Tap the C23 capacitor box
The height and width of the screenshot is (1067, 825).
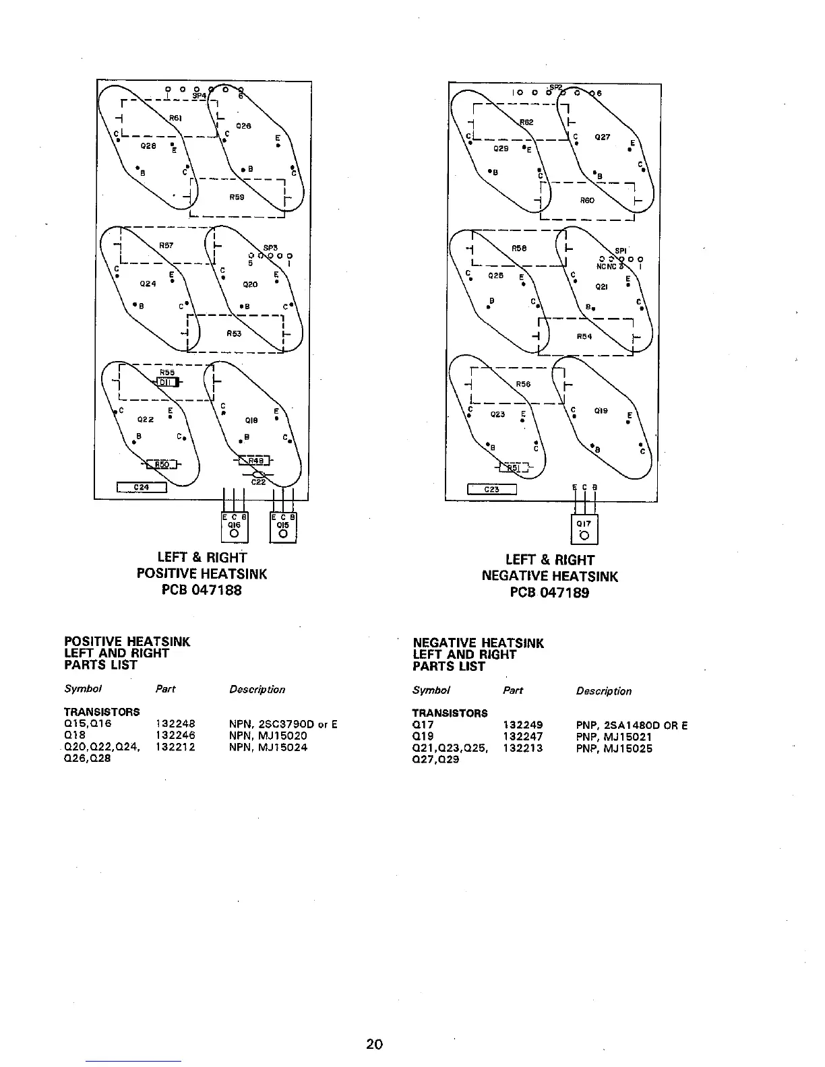tap(492, 490)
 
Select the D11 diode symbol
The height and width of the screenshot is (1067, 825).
tap(166, 383)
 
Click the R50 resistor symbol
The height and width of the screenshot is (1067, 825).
tap(162, 464)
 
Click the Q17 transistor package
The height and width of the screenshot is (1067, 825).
tap(584, 529)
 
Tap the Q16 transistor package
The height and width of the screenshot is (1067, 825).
tap(235, 527)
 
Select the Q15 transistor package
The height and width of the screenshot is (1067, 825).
tap(283, 527)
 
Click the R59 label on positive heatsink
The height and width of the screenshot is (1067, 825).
tap(237, 198)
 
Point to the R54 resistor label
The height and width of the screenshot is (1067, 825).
tap(584, 336)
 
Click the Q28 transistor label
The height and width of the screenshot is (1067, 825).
tap(148, 145)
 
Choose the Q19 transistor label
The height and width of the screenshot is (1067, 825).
tap(601, 410)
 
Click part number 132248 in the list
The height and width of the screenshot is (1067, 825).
tap(175, 725)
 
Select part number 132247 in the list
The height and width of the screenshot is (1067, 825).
tap(523, 737)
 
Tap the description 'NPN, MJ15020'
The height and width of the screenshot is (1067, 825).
tap(268, 736)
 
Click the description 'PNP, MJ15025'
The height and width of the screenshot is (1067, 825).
tap(614, 748)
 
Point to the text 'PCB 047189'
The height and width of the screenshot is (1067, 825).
tap(549, 593)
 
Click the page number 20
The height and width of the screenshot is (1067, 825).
tap(374, 1044)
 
